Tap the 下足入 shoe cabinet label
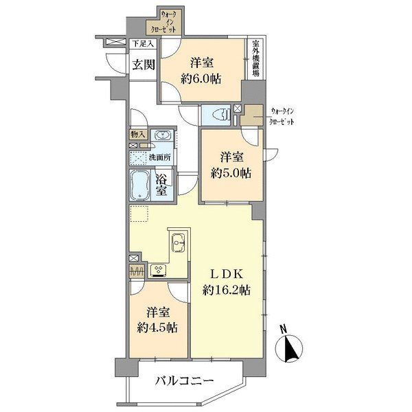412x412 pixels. pyautogui.click(x=143, y=45)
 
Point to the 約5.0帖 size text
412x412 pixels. pyautogui.click(x=231, y=171)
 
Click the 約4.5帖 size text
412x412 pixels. pyautogui.click(x=157, y=327)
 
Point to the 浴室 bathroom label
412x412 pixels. pyautogui.click(x=163, y=186)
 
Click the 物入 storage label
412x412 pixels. pyautogui.click(x=137, y=135)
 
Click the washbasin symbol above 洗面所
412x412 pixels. pyautogui.click(x=162, y=135)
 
